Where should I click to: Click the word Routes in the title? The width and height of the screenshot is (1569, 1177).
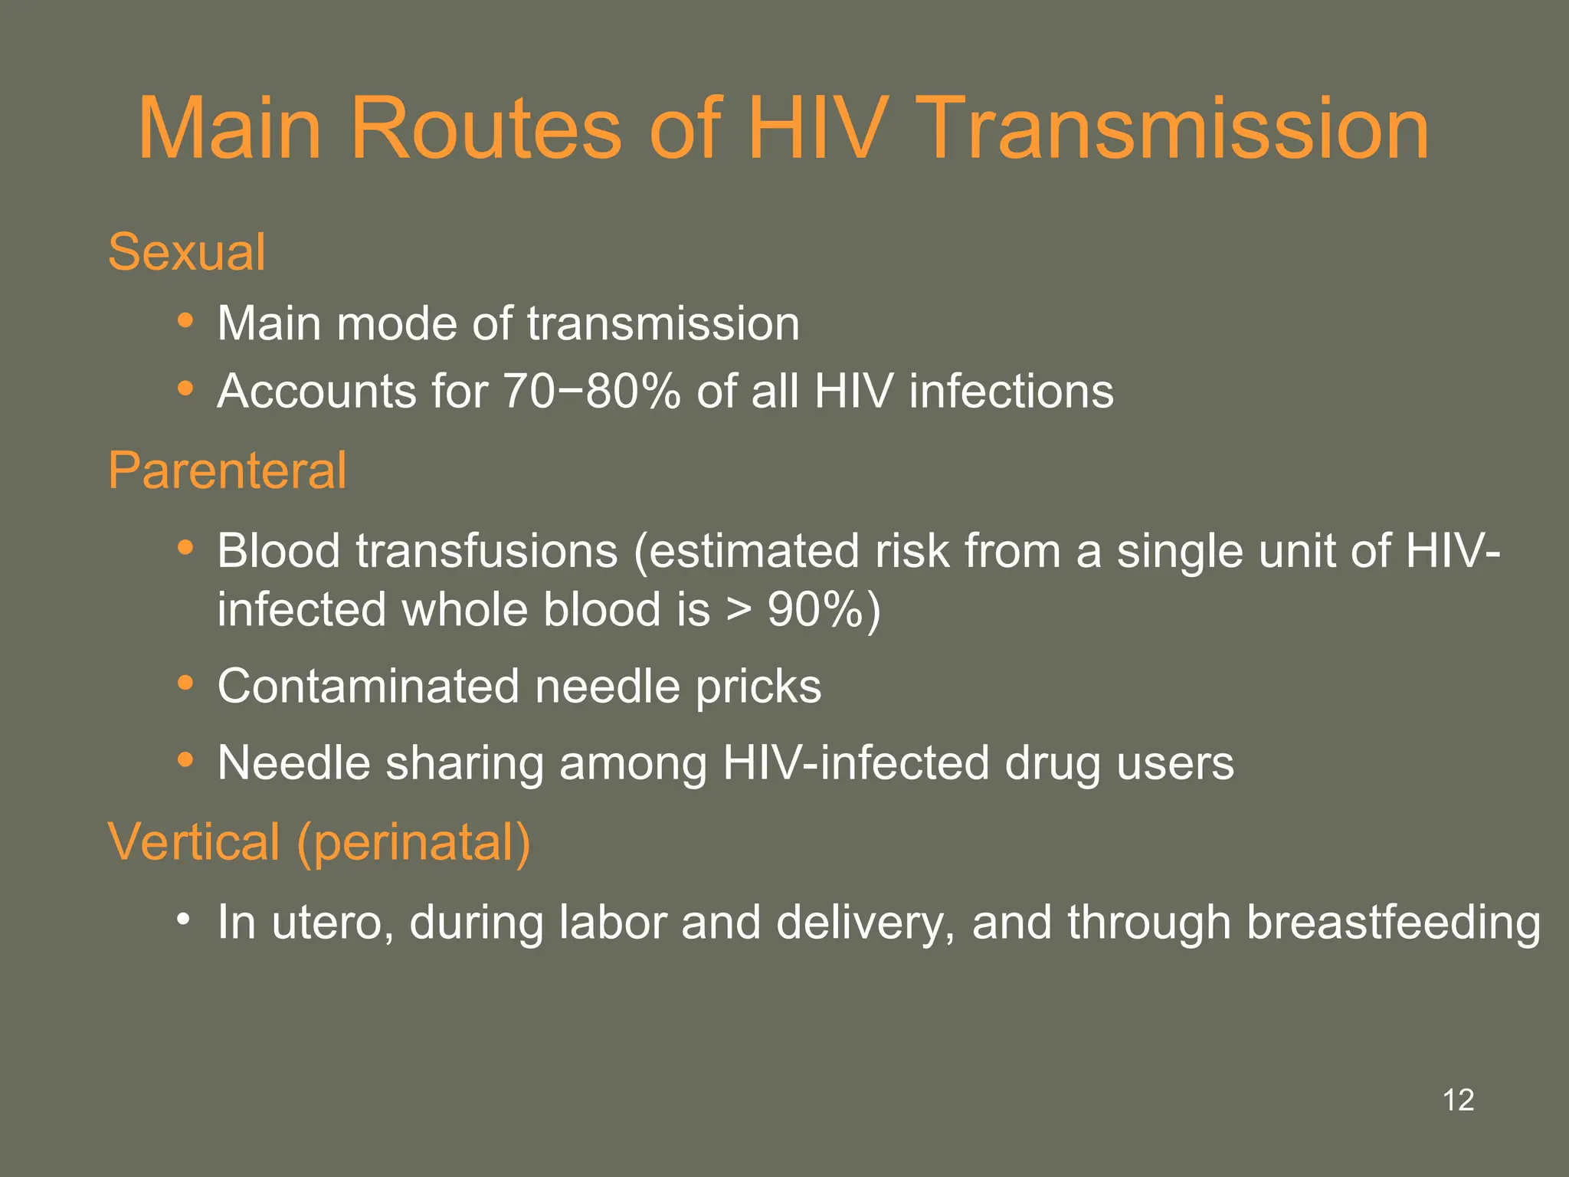pos(485,128)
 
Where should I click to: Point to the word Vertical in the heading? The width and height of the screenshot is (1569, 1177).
pos(194,841)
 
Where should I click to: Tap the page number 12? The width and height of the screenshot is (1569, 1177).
pos(1458,1100)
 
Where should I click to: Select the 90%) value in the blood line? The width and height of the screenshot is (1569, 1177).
pos(824,610)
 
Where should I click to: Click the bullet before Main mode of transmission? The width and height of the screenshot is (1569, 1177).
pos(185,320)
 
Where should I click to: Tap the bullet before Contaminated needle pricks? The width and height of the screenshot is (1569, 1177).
pos(185,682)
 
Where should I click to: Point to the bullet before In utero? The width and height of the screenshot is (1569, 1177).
pos(182,918)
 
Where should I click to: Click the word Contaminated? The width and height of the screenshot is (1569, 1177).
pos(369,686)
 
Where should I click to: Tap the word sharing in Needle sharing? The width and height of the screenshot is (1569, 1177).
pos(464,764)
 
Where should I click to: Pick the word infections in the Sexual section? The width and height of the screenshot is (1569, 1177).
pos(1011,392)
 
